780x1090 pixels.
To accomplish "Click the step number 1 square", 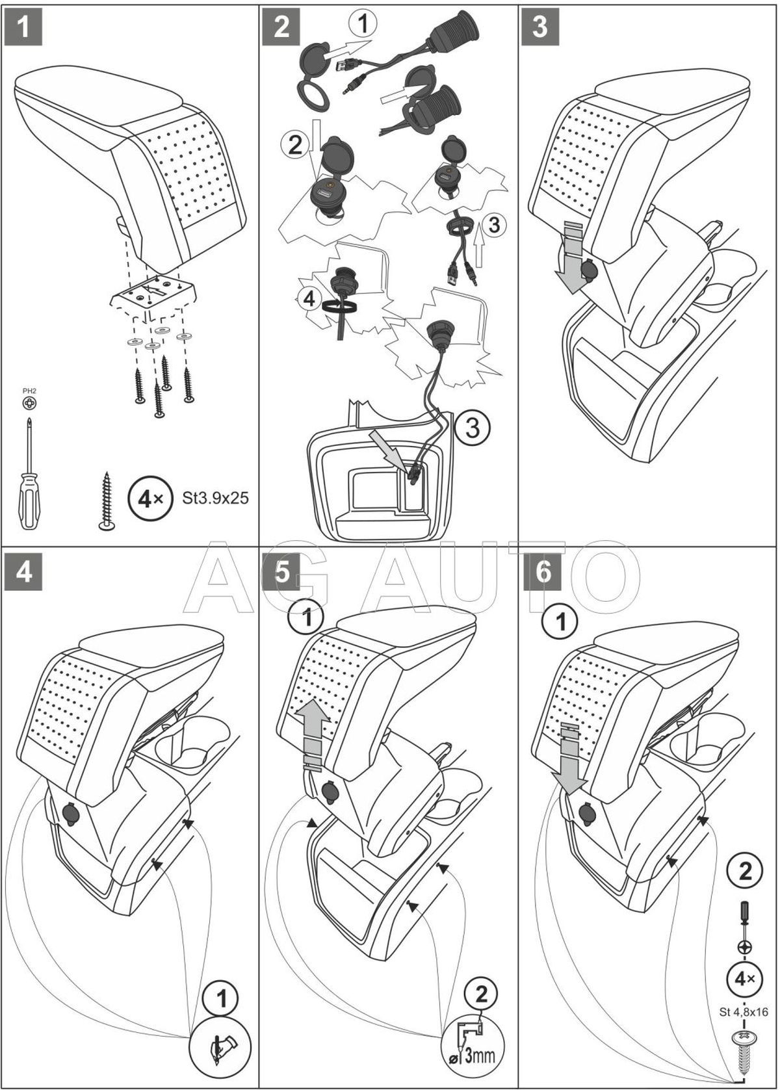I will (23, 28).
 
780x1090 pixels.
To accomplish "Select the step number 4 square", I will (23, 572).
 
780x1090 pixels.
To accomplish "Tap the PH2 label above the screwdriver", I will (29, 391).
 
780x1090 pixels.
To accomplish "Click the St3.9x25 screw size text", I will (213, 499).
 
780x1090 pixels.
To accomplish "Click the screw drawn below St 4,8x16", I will (744, 1050).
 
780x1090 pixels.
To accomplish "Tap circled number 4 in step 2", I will (309, 299).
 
